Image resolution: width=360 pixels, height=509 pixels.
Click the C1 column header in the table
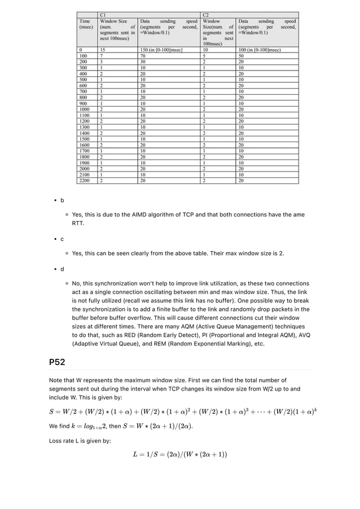point(102,14)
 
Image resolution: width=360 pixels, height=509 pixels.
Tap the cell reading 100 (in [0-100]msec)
point(260,50)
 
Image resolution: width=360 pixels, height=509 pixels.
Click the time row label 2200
point(85,180)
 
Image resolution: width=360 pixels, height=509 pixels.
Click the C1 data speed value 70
point(144,56)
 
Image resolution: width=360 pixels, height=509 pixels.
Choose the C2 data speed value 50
point(241,56)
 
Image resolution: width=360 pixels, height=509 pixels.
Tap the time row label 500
point(84,79)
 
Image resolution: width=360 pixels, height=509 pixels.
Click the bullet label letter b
point(62,200)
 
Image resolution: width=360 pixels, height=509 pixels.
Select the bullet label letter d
point(62,268)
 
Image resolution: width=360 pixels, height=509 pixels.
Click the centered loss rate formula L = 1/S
point(179,454)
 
